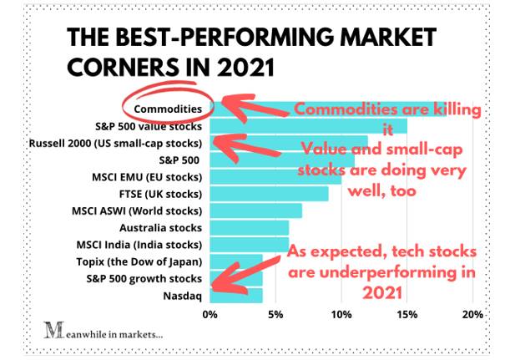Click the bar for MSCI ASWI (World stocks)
tap(255, 210)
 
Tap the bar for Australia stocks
tap(249, 227)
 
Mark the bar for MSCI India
tap(249, 245)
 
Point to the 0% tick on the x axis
tap(210, 315)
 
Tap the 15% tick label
tap(407, 315)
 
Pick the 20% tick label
tap(472, 315)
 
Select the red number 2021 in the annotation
tap(383, 292)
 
